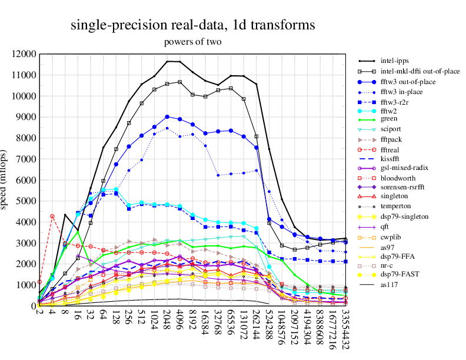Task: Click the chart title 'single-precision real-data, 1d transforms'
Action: [x=192, y=25]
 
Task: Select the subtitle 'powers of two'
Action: [x=192, y=42]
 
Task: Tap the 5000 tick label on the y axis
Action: [x=25, y=201]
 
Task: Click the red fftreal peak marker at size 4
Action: [x=52, y=216]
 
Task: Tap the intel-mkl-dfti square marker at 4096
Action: [x=179, y=82]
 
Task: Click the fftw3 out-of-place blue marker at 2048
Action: [x=167, y=116]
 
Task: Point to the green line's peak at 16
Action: [x=78, y=232]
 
